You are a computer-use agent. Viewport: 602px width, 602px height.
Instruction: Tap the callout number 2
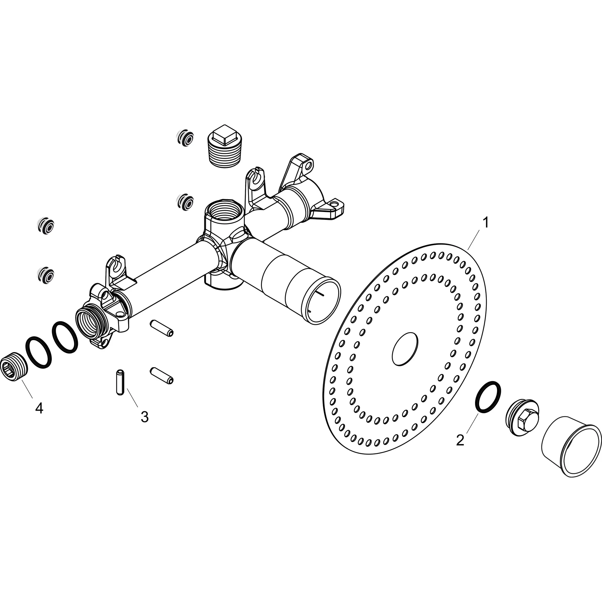coord(460,440)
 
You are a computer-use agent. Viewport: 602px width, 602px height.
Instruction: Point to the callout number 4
coord(39,408)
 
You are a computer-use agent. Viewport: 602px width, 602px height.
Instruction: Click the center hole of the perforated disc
coord(404,349)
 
